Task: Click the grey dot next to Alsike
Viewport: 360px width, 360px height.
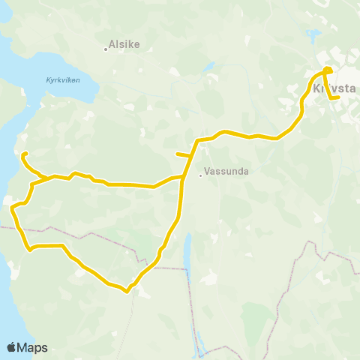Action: [x=106, y=50]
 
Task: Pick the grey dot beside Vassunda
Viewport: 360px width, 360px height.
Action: [x=201, y=176]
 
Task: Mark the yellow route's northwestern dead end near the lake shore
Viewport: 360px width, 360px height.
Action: [x=24, y=154]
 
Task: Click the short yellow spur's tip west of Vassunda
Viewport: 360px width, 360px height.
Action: [x=177, y=154]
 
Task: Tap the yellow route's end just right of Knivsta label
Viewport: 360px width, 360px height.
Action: [x=339, y=97]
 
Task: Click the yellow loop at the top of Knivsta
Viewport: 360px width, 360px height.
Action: [x=327, y=71]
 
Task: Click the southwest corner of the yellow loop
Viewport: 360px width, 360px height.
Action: [x=29, y=248]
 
